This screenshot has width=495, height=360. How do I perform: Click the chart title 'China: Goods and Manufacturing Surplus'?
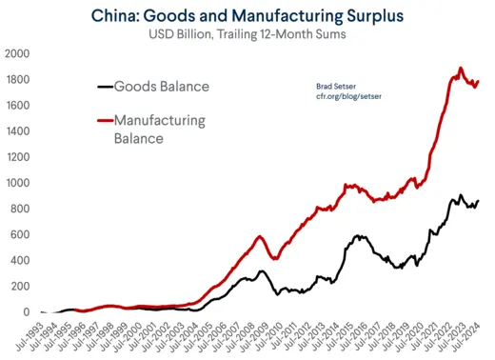click(250, 15)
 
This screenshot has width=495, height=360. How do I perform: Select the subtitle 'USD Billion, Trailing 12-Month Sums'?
click(250, 36)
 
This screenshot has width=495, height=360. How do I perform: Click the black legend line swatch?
click(104, 87)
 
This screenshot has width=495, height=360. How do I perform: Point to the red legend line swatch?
click(104, 120)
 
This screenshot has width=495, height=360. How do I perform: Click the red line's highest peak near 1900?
click(461, 69)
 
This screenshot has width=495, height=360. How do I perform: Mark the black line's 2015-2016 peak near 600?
click(360, 235)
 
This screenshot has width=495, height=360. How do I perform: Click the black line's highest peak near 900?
click(461, 195)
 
